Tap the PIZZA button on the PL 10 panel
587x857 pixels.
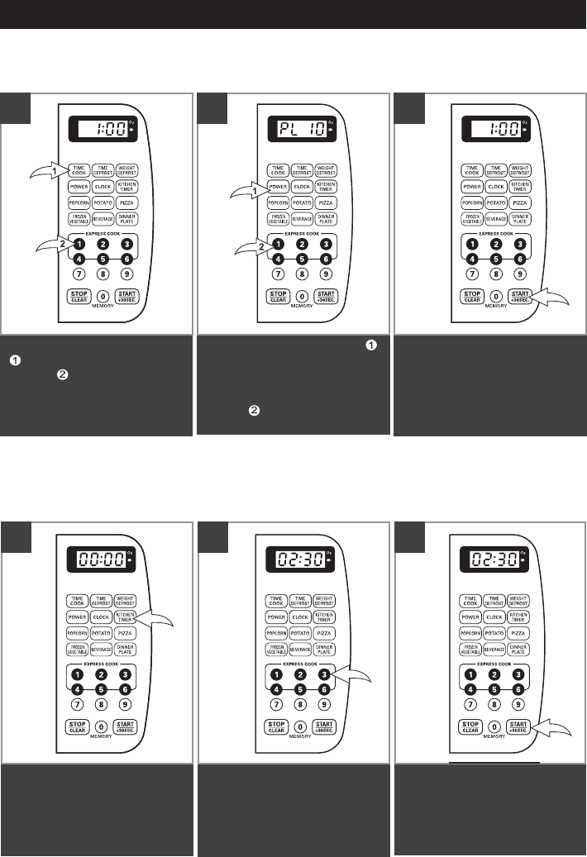pos(325,202)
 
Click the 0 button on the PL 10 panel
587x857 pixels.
pos(302,296)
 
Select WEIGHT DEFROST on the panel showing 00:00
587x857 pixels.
pos(126,600)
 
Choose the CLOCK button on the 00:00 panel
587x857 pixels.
pos(103,617)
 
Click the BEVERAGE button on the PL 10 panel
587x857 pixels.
pos(302,219)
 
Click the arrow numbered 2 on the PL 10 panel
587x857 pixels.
pos(245,246)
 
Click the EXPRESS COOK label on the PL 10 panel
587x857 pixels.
pos(302,235)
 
